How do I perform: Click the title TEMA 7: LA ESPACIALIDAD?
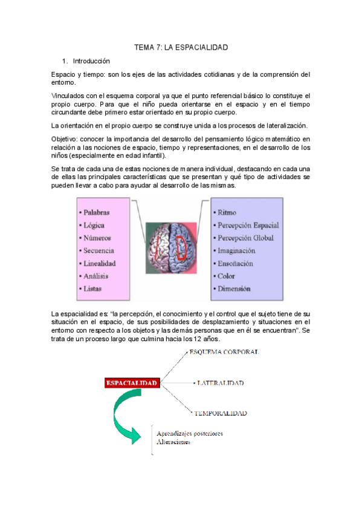point(181,47)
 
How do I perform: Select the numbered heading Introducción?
point(91,61)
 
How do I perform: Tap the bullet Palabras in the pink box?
point(99,212)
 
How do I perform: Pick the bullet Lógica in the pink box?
point(95,225)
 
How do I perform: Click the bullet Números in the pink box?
point(98,238)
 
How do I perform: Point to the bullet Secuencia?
point(100,250)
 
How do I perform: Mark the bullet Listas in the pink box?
point(94,289)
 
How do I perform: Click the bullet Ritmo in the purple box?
point(227,212)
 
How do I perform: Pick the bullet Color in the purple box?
point(227,276)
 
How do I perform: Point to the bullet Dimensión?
point(234,289)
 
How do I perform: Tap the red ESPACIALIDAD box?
point(132,383)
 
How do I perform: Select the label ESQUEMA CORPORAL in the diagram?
point(224,351)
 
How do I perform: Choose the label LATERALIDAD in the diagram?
point(220,384)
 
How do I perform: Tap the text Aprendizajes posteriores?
point(190,433)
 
